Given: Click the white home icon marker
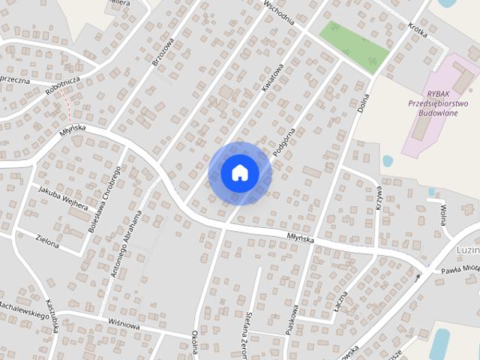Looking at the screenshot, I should (x=240, y=172).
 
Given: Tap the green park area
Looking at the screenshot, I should (x=355, y=44).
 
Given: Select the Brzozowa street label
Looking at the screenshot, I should (x=163, y=52).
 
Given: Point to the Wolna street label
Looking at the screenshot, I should (x=443, y=214).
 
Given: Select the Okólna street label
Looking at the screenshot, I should (x=196, y=342).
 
